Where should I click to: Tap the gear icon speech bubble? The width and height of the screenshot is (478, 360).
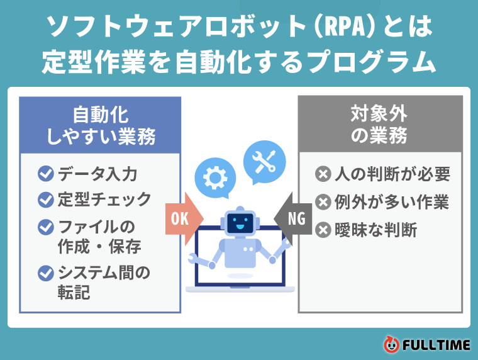215,177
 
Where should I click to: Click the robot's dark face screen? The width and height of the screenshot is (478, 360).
240,222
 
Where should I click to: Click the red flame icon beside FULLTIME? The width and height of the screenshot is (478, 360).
391,344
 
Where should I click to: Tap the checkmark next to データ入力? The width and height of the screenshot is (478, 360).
46,173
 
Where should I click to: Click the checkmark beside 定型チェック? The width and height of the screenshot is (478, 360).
46,200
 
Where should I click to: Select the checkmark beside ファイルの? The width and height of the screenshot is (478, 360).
46,226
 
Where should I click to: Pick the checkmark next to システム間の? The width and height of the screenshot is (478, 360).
46,273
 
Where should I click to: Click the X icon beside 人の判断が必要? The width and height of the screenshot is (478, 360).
323,174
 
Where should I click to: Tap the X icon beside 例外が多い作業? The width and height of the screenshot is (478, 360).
323,202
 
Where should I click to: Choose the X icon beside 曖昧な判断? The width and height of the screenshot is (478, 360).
323,230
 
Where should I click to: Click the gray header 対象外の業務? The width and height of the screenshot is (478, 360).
379,125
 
